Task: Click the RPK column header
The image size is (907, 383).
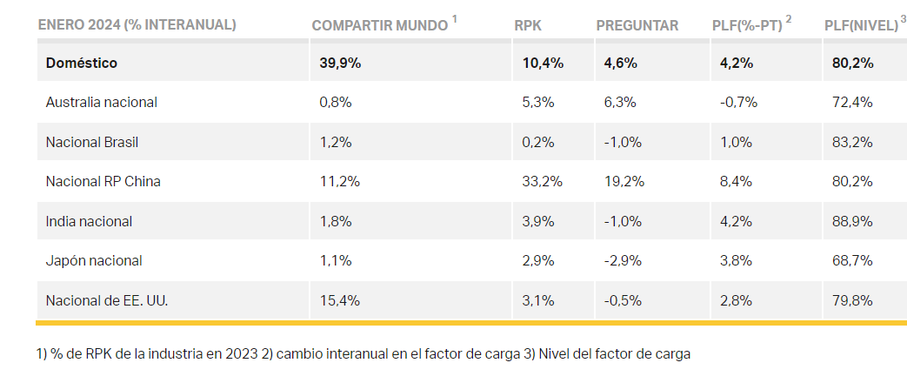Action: pyautogui.click(x=528, y=25)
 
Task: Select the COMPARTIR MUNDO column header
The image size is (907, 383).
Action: pyautogui.click(x=380, y=25)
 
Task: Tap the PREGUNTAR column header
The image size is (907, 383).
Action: pyautogui.click(x=637, y=25)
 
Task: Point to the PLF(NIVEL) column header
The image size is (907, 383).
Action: pyautogui.click(x=860, y=25)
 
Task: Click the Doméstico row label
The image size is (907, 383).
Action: pyautogui.click(x=82, y=63)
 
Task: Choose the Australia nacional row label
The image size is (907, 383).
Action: pyautogui.click(x=101, y=102)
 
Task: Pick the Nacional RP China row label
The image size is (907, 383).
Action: pyautogui.click(x=103, y=181)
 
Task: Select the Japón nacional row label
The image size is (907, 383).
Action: pyautogui.click(x=94, y=260)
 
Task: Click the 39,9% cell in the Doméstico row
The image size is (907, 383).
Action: pyautogui.click(x=340, y=63)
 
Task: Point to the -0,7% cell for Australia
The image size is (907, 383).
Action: pyautogui.click(x=738, y=102)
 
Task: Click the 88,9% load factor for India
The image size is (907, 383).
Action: pyautogui.click(x=852, y=221)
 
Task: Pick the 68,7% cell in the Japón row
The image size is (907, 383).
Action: pyautogui.click(x=852, y=260)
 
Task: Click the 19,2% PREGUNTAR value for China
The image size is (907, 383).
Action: pyautogui.click(x=622, y=181)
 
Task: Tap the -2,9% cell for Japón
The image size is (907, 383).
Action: pyautogui.click(x=623, y=260)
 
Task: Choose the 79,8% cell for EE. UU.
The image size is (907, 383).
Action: pyautogui.click(x=852, y=300)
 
